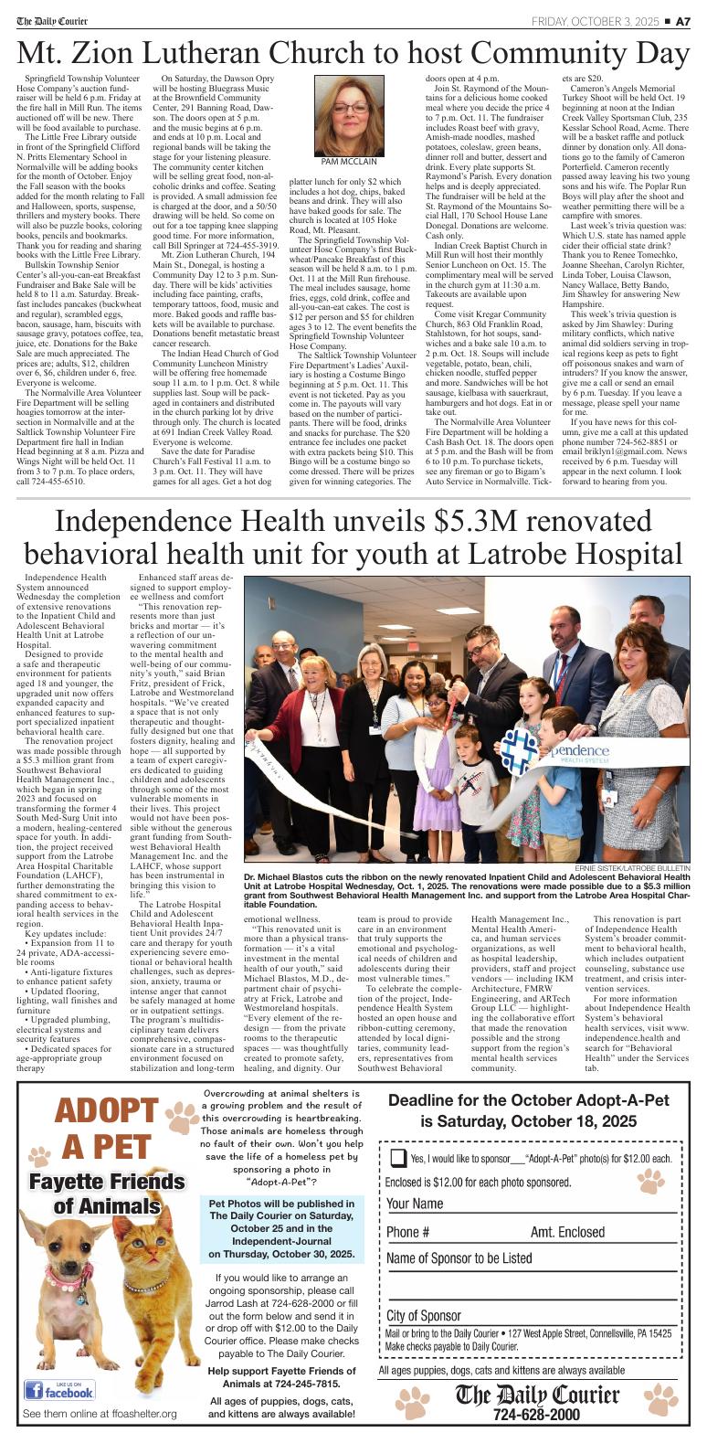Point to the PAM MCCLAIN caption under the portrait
point(351,161)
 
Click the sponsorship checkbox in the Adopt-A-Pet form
point(398,1158)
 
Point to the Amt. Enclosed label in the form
point(567,1232)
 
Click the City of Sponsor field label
point(424,1315)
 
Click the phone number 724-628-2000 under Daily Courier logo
point(536,1414)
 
